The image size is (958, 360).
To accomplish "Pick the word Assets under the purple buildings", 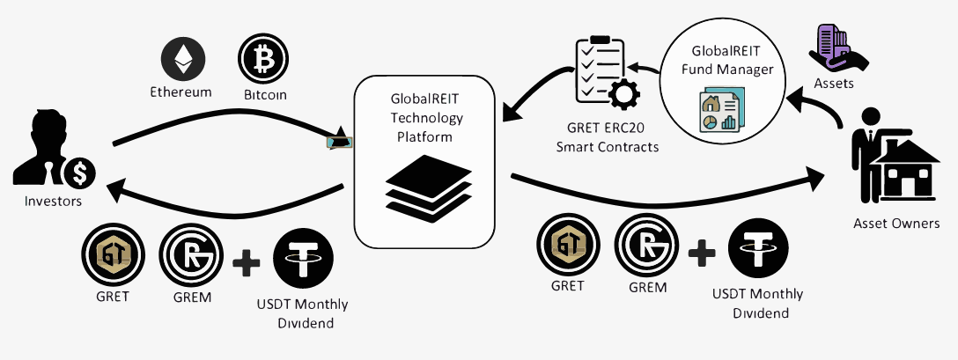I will [833, 85].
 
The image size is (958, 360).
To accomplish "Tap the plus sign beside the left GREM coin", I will [247, 261].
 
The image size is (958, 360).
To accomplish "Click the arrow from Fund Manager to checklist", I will [644, 68].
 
